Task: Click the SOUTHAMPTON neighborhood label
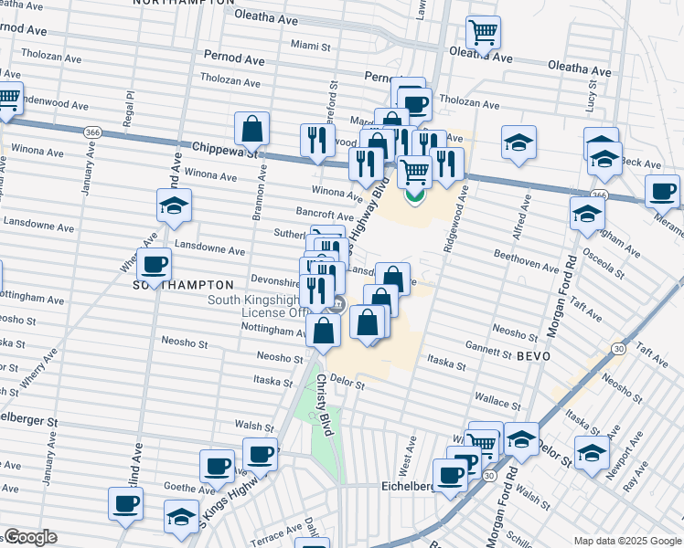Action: click(185, 285)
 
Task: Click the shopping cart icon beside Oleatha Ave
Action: click(483, 33)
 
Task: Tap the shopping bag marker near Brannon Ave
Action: click(251, 130)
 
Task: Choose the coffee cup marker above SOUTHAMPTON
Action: click(154, 265)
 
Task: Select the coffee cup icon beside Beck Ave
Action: click(662, 192)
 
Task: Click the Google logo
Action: click(30, 537)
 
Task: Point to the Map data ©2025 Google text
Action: click(626, 541)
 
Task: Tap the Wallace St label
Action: click(497, 400)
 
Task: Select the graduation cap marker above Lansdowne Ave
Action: click(174, 205)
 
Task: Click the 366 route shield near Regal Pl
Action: click(92, 132)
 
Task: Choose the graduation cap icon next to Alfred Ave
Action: click(518, 142)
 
